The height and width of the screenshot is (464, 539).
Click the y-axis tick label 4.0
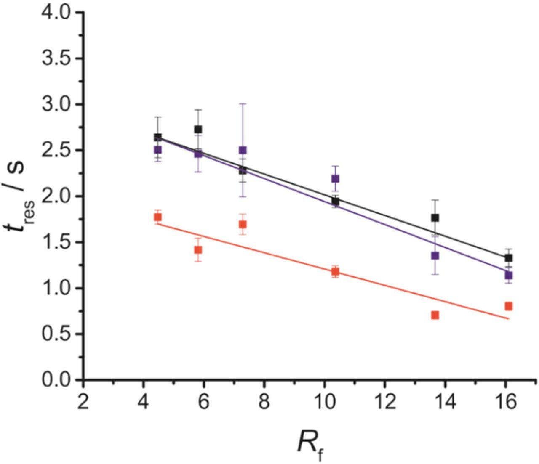click(57, 13)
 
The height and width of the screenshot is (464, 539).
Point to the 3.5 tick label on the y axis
click(57, 58)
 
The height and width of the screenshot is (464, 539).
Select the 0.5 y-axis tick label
click(57, 334)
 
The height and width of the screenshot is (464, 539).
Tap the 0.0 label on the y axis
click(57, 380)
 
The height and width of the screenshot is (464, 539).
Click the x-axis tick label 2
click(83, 403)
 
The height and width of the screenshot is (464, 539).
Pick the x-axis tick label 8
click(264, 403)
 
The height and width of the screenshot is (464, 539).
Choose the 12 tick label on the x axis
click(384, 403)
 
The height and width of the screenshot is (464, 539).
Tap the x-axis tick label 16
click(505, 403)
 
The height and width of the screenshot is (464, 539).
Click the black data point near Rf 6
click(198, 129)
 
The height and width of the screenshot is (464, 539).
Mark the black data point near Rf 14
click(435, 217)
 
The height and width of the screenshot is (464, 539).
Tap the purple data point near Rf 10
click(335, 179)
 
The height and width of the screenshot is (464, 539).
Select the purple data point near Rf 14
click(435, 255)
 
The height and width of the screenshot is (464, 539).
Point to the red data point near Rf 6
click(198, 250)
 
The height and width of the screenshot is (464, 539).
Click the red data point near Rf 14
click(435, 315)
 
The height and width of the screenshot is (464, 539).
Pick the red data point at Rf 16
click(508, 306)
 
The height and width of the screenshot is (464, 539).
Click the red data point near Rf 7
click(243, 224)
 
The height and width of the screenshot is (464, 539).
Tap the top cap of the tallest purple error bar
click(243, 103)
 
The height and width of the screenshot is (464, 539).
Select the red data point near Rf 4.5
click(158, 217)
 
